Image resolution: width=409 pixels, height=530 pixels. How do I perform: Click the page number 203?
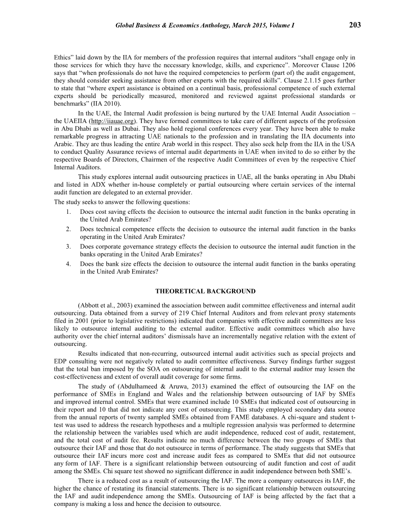pos(355,25)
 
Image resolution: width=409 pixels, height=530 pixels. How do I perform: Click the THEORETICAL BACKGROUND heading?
pos(205,291)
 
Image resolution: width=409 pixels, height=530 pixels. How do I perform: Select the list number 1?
pos(68,212)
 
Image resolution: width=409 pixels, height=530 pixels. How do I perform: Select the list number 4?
pos(68,264)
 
